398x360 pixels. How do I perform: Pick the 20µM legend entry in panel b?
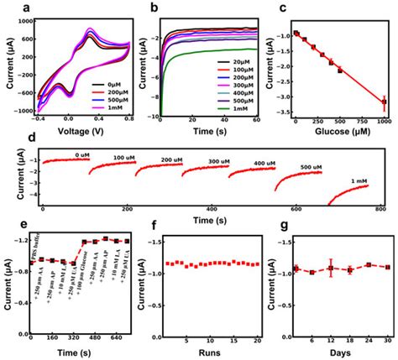pyautogui.click(x=237, y=63)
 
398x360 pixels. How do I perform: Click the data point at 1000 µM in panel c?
pyautogui.click(x=384, y=102)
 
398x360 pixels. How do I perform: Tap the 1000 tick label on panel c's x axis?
pyautogui.click(x=383, y=121)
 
